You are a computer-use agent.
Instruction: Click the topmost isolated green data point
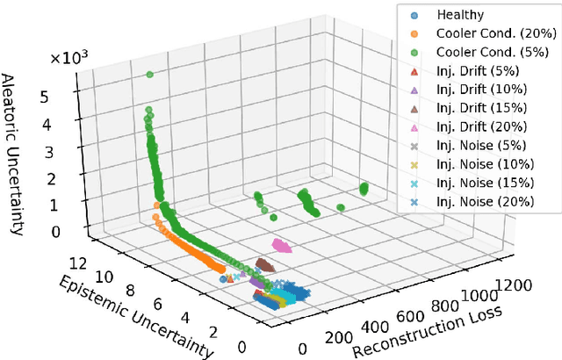pos(150,74)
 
